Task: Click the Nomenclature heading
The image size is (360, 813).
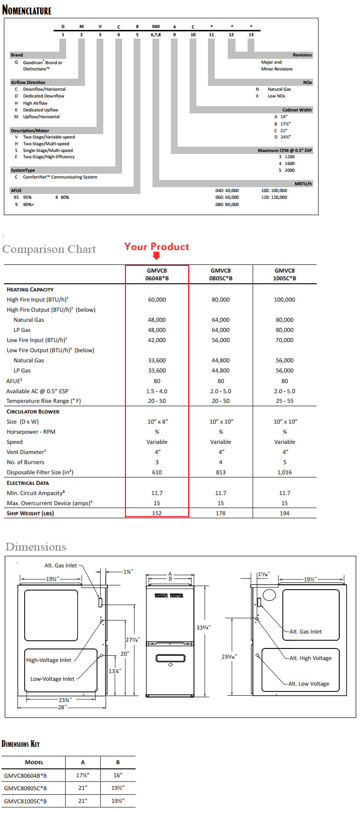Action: [x=27, y=10]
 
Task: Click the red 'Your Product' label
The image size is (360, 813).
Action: [x=157, y=247]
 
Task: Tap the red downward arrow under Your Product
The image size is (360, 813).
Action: [x=156, y=256]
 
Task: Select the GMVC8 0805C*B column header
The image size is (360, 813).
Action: [x=221, y=275]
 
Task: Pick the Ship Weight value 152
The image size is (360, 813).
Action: [x=157, y=513]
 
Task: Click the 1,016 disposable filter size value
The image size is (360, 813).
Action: [x=284, y=472]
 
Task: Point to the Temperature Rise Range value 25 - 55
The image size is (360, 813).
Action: [x=284, y=401]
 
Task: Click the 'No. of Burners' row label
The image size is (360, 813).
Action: [x=26, y=462]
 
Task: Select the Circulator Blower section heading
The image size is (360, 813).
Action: [x=33, y=412]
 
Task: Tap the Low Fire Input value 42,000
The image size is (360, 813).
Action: [x=157, y=340]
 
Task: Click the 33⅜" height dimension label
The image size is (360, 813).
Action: [x=203, y=627]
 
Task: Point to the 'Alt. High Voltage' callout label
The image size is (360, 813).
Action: [x=310, y=658]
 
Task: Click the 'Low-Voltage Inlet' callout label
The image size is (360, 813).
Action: [x=53, y=679]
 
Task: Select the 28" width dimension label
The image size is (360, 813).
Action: [x=62, y=707]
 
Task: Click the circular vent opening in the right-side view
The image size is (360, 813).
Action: [x=269, y=595]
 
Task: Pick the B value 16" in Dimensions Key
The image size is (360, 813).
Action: [x=118, y=775]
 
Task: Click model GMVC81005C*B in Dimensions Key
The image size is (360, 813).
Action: [x=26, y=801]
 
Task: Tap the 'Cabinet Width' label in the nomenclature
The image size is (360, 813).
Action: [x=297, y=110]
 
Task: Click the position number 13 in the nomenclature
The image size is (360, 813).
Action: [x=251, y=35]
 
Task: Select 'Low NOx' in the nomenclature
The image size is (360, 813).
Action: [x=277, y=96]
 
